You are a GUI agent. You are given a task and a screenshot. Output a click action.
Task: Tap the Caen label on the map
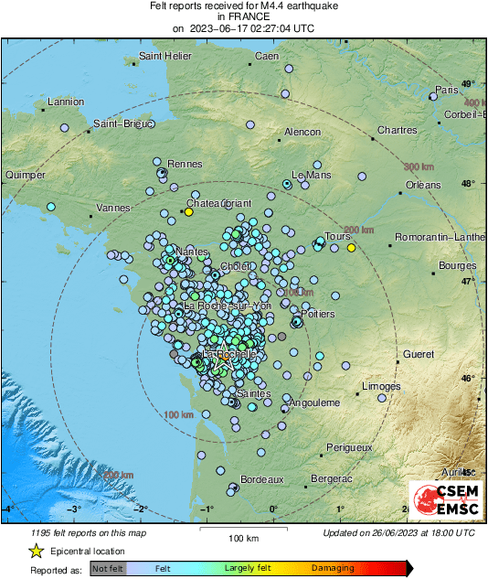point(266,57)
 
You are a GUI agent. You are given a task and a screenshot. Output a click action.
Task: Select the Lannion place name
point(65,102)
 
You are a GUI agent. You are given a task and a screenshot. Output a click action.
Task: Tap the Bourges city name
point(458,265)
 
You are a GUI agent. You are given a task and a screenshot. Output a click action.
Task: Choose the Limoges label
point(381,387)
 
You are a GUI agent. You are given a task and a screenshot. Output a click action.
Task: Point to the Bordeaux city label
point(263,479)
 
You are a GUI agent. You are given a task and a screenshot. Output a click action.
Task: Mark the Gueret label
point(419,353)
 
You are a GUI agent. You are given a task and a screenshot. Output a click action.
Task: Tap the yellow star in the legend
point(36,552)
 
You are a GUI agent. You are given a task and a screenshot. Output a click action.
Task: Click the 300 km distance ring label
point(418,166)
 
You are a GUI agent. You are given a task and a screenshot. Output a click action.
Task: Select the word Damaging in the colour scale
point(333,569)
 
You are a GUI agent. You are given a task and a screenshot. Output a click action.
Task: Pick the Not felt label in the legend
point(107,569)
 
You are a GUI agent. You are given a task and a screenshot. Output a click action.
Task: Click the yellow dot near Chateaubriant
point(189,212)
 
